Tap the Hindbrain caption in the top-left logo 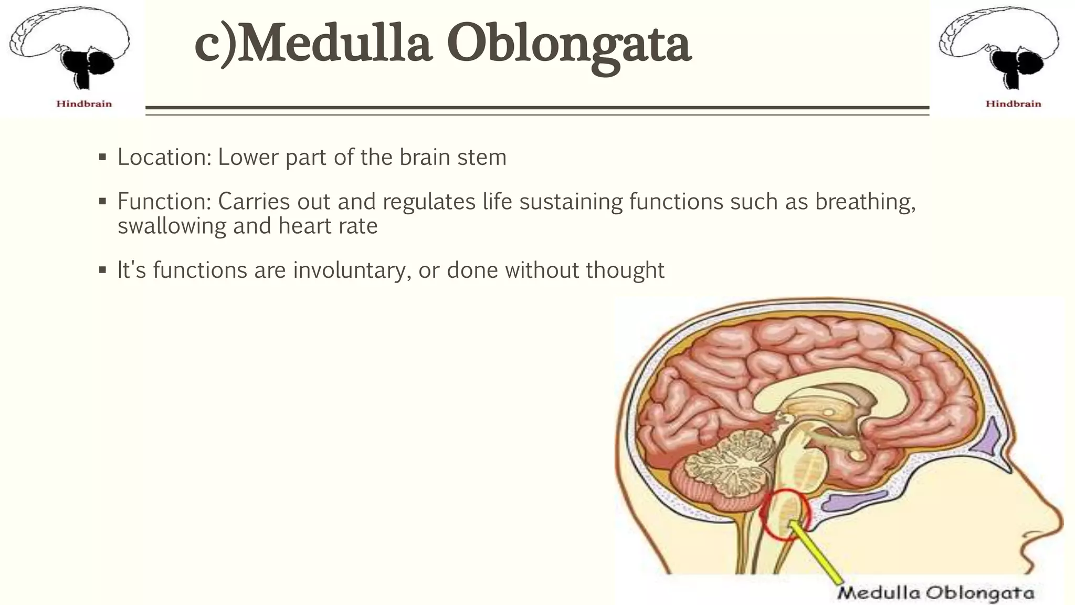(84, 104)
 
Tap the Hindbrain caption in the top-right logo (1013, 104)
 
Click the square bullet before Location (102, 158)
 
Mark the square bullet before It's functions (102, 270)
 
